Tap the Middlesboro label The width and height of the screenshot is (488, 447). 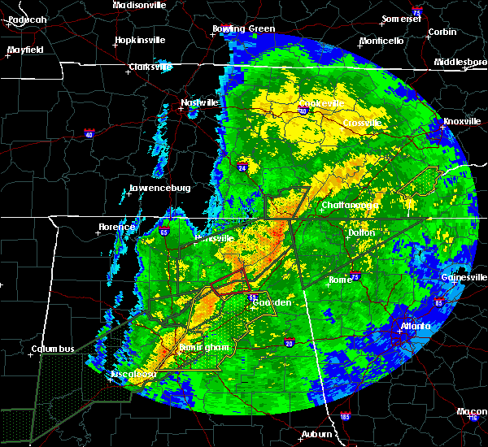(x=460, y=62)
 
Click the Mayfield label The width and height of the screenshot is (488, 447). (x=26, y=50)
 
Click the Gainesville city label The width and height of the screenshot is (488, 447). (x=464, y=277)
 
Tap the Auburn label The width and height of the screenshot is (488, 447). (x=316, y=435)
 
